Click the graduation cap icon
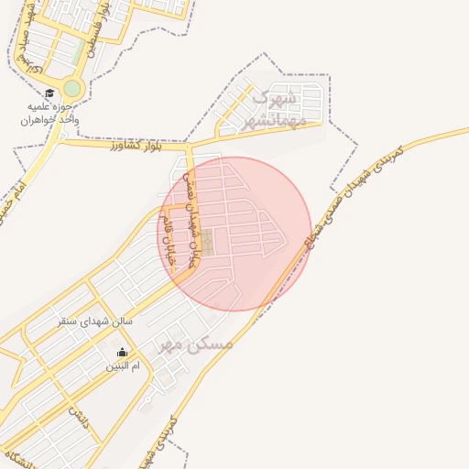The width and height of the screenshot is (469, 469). (x=49, y=93)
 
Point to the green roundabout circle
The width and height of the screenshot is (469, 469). (x=71, y=89)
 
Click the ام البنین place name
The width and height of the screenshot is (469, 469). (x=123, y=366)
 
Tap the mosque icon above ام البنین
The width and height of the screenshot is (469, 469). (x=123, y=352)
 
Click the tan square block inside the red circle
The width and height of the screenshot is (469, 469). (x=208, y=242)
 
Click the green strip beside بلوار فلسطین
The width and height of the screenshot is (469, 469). (x=79, y=49)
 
